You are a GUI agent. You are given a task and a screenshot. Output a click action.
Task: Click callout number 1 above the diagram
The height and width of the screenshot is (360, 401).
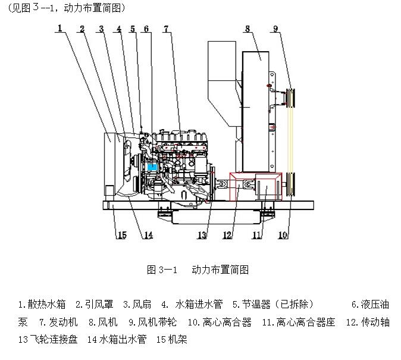pos(60,28)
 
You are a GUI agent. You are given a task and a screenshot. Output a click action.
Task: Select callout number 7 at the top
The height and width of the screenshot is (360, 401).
pos(166,28)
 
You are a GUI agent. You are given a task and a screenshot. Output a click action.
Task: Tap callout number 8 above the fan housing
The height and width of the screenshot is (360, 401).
pos(247,28)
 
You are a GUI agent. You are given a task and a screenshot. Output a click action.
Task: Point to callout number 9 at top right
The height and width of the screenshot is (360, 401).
pos(275,28)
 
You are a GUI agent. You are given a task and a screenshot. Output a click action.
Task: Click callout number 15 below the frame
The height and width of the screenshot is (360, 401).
pos(121,236)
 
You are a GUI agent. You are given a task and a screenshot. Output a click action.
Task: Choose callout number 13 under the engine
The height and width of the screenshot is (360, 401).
pos(202,236)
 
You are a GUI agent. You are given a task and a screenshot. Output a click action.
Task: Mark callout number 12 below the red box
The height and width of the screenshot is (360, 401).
pos(227,236)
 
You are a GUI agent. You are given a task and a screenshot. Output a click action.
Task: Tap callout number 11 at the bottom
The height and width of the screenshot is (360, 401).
pos(256,236)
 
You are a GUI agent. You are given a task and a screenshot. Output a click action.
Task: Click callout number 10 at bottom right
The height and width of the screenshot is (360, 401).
pos(283,236)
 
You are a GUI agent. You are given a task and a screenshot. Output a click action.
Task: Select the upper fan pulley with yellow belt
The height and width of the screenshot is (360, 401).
pos(292,97)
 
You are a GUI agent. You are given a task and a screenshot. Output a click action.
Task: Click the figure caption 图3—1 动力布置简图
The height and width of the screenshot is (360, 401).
pos(197,270)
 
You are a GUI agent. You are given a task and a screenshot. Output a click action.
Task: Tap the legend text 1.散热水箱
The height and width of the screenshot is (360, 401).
pos(42,305)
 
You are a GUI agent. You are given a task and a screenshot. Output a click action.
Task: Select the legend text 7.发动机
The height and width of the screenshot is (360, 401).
pos(58,323)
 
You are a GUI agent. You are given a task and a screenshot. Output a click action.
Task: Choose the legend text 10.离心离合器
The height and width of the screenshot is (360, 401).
pos(220,323)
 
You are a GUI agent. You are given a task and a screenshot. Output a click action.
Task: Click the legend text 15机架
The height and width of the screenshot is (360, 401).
pos(172,340)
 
